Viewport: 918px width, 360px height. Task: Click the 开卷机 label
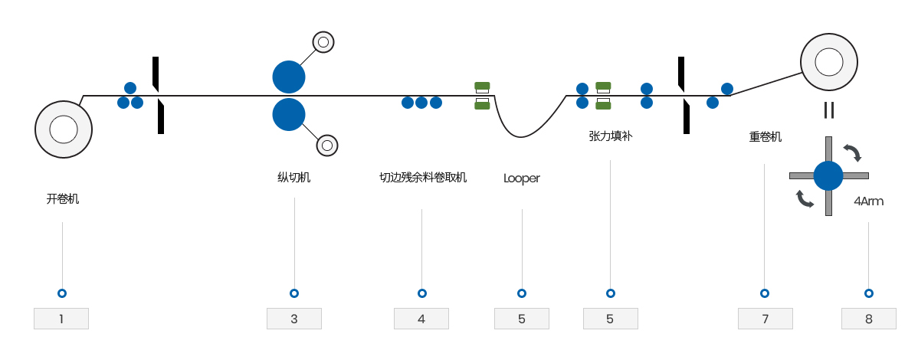[63, 199]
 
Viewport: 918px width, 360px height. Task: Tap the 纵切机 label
[294, 178]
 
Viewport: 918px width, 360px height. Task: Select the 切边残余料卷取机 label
[423, 178]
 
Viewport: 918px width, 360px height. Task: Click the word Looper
[522, 178]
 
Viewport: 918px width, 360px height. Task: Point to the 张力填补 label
[611, 136]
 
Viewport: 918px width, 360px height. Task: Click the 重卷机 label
[766, 137]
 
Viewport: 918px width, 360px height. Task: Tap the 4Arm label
[868, 201]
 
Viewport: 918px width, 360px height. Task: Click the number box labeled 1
[61, 319]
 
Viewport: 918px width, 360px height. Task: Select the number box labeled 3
[294, 319]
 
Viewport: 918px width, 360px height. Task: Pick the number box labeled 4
[421, 319]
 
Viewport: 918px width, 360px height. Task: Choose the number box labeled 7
[766, 319]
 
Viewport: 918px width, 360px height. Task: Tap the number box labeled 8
[869, 319]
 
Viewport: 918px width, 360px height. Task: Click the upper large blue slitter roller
[289, 77]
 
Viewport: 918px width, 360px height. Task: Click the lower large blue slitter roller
[289, 114]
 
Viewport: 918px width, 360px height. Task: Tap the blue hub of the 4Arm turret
[828, 175]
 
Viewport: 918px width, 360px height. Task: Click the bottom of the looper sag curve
[521, 137]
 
